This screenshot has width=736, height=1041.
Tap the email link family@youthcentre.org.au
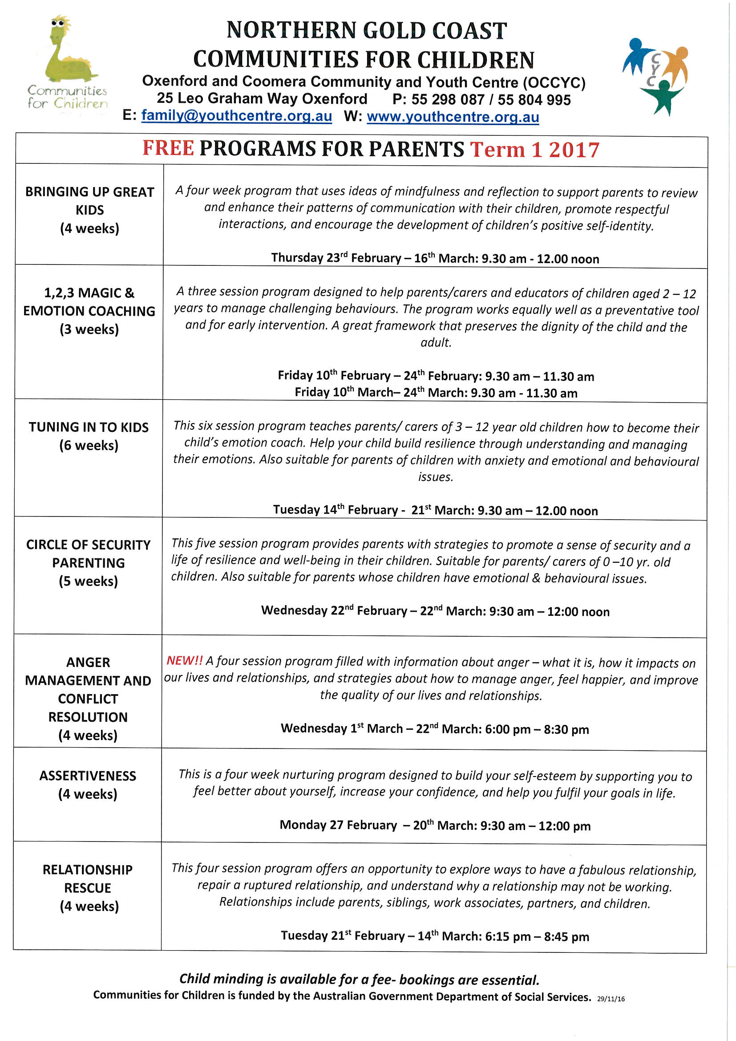(x=236, y=116)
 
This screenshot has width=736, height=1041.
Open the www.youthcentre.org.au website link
(x=453, y=117)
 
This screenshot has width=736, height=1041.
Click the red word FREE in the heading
(x=168, y=149)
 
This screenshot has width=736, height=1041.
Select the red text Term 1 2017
(x=534, y=150)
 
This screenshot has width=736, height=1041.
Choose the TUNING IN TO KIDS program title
(x=89, y=427)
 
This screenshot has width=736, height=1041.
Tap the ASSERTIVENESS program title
(x=88, y=776)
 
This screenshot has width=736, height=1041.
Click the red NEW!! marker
(x=185, y=661)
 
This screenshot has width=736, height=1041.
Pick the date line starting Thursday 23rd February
(x=435, y=258)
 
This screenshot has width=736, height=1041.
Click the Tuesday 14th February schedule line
(x=435, y=510)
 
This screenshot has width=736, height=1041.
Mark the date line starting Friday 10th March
(x=436, y=393)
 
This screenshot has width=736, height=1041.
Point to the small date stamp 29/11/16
(x=611, y=999)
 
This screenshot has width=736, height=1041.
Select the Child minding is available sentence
(x=359, y=980)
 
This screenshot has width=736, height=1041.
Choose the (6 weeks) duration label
(x=89, y=445)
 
